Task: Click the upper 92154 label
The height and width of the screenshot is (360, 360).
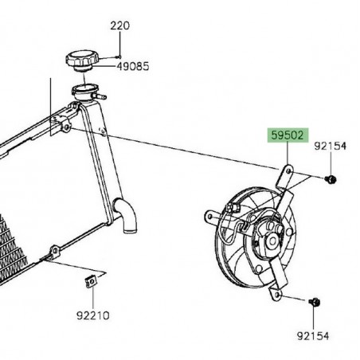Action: [329, 146]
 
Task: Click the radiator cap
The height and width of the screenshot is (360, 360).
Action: [80, 59]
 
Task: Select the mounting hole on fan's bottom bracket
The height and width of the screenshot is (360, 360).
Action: [276, 295]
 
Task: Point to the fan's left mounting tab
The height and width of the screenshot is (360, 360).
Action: [209, 215]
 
